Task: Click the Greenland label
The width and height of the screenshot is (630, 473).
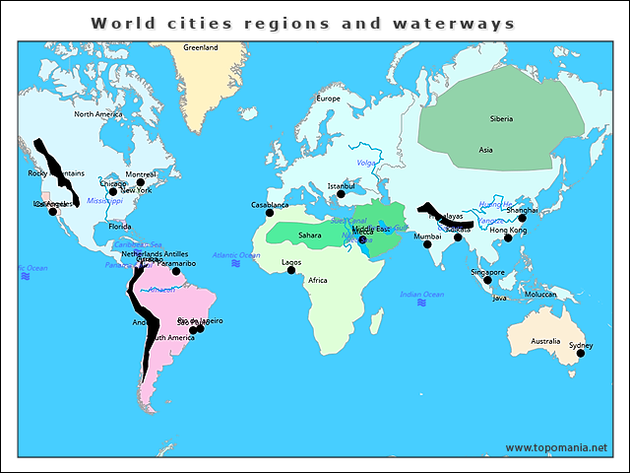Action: [201, 47]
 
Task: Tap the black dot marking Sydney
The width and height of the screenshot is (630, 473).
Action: [581, 353]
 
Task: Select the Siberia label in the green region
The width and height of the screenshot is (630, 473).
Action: [501, 119]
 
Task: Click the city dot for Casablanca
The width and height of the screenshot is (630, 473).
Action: [270, 213]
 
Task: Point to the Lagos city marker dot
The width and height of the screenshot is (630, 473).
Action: [291, 270]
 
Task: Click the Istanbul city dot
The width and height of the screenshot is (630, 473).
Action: [341, 193]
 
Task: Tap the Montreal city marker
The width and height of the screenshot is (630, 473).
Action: [141, 182]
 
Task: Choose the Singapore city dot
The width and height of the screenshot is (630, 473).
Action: [487, 280]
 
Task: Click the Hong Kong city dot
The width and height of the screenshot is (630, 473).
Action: [508, 237]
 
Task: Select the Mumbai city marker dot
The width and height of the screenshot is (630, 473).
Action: [427, 244]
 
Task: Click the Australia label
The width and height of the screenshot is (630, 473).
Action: [545, 341]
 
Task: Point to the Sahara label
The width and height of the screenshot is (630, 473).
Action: [310, 236]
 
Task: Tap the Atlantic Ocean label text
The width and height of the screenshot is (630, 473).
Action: [236, 255]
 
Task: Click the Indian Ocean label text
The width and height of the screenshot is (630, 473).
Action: [421, 294]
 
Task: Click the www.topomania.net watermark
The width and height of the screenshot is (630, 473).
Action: [556, 447]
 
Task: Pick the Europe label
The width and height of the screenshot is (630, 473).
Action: [328, 99]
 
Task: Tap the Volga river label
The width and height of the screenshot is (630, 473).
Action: [366, 162]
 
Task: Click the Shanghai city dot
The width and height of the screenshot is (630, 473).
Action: [523, 218]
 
